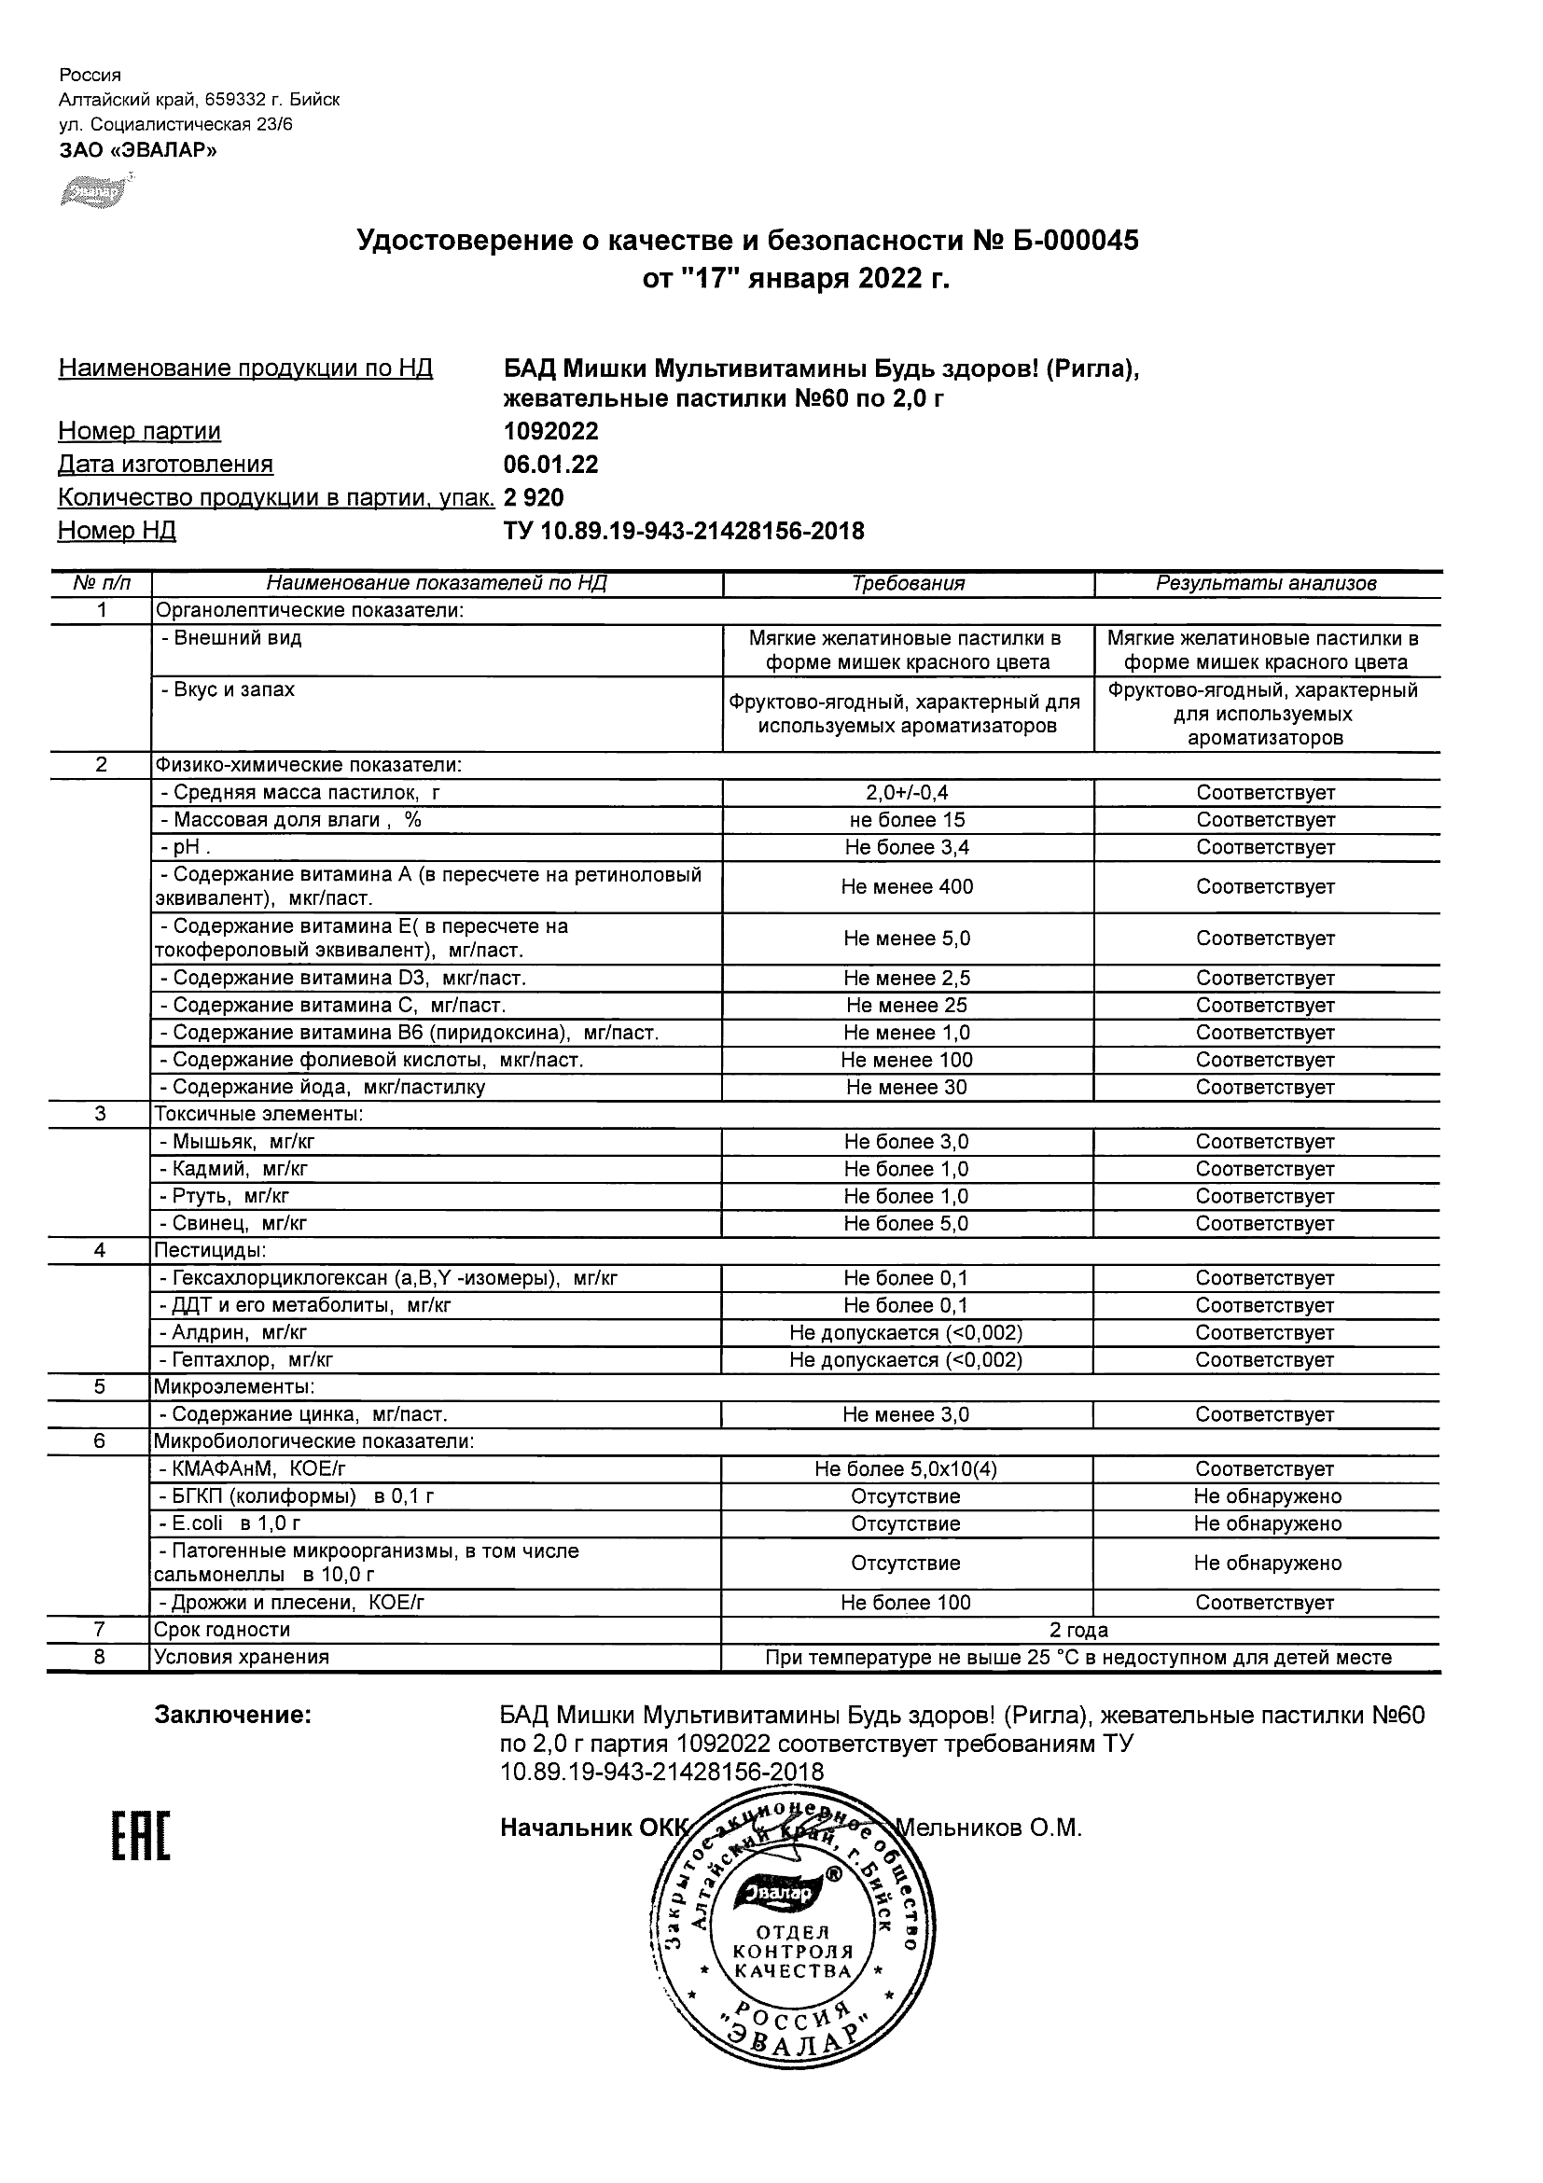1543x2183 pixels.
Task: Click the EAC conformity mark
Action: coord(141,1837)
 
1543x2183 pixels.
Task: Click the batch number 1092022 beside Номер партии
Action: coord(551,432)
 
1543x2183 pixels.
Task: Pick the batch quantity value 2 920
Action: coord(535,498)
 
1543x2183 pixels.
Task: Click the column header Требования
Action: coord(908,584)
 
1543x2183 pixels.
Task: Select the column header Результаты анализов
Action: coord(1266,584)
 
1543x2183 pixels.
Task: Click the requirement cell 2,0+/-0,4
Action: coord(907,793)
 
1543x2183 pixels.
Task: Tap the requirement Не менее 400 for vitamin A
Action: coord(907,887)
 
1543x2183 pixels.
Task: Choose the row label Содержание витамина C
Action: coord(333,1006)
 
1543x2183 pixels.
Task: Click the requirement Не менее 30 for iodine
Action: coord(907,1088)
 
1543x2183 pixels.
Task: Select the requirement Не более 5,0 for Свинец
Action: coord(907,1225)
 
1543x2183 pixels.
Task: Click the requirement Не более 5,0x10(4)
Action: coord(907,1470)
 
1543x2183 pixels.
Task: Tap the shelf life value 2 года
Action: coord(1079,1631)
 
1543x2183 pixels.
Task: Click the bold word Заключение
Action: coord(233,1716)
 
